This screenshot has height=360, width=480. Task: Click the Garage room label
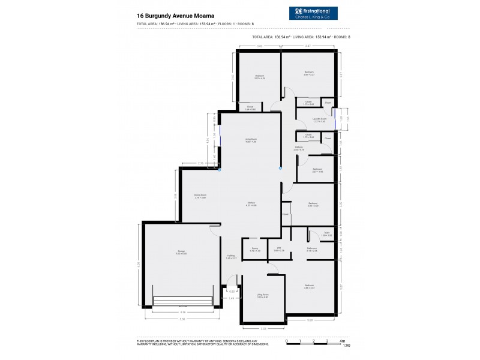[181, 252]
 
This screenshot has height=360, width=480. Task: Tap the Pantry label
[254, 249]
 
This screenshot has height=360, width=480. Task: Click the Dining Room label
[200, 196]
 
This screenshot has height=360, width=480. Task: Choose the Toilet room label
[326, 233]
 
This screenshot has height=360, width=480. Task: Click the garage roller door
[183, 301]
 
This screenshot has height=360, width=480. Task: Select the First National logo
[313, 14]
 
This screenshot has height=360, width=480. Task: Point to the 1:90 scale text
[346, 346]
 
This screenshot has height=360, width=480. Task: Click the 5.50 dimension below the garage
[182, 319]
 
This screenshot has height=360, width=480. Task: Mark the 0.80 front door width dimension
[231, 291]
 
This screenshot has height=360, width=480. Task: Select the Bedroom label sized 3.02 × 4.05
[259, 77]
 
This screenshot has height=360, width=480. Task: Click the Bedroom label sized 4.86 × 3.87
[309, 287]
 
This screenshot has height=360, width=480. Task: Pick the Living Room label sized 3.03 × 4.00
[263, 296]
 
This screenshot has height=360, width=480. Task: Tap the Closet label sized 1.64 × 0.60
[250, 108]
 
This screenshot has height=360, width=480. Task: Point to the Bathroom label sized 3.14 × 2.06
[311, 249]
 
